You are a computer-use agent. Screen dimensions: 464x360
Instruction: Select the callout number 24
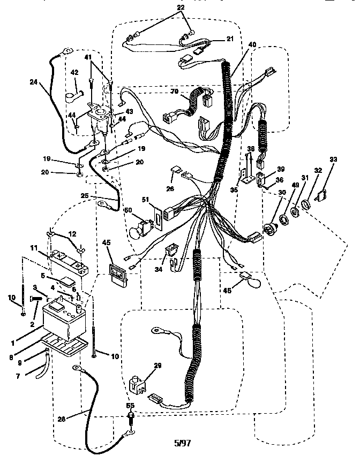coord(34,82)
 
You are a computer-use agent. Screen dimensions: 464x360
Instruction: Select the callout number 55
coord(130,406)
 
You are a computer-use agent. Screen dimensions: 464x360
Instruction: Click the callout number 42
coord(74,72)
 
